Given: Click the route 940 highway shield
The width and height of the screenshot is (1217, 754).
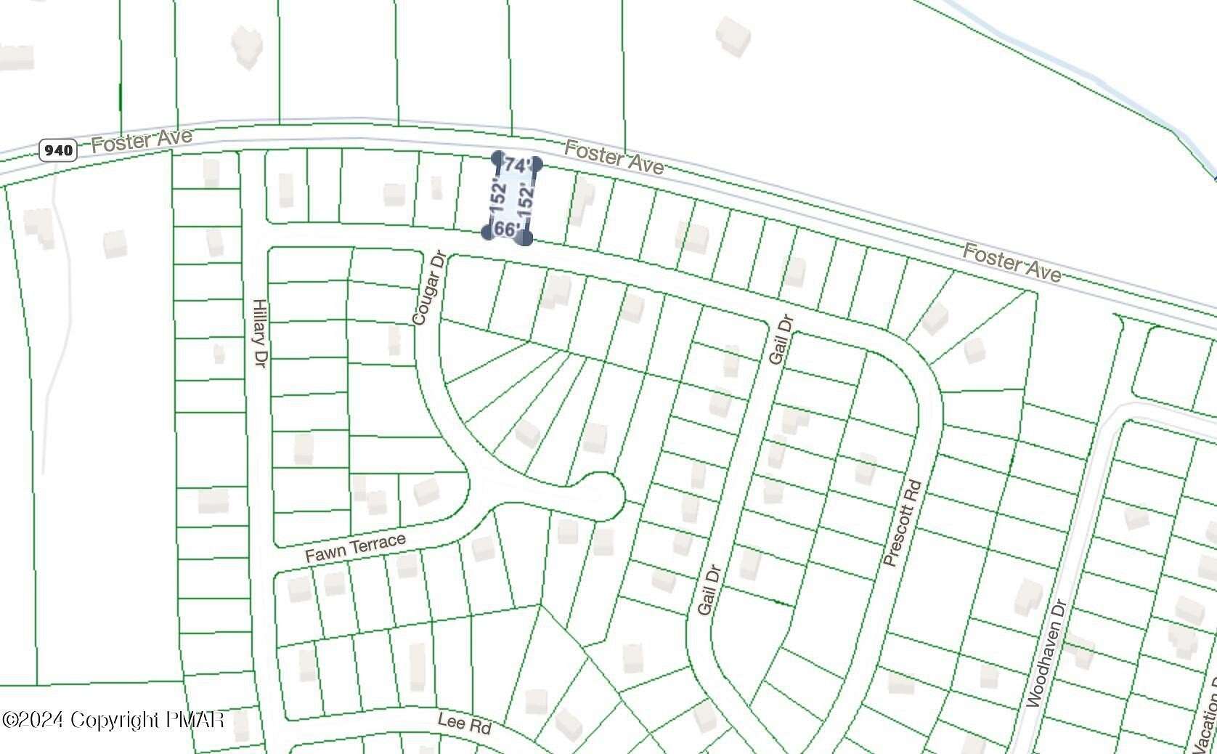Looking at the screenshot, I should coord(57,150).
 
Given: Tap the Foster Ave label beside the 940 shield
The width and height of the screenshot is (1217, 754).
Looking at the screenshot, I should coord(142,139).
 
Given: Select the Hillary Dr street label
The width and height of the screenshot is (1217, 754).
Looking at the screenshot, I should coord(259,332).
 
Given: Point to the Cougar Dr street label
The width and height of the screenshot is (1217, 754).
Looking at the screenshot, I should coord(428,288).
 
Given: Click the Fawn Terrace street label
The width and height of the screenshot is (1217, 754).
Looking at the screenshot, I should coord(355,548).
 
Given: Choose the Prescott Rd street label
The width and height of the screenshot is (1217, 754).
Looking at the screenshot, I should coord(903,523).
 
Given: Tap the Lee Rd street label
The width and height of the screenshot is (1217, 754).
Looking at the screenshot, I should coord(464,723).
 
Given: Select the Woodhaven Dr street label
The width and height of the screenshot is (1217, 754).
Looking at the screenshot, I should coord(1046,652).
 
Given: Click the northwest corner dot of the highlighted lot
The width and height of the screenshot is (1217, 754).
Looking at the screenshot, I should coord(497,158).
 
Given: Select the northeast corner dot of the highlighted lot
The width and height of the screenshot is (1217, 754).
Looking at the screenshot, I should coord(537,165).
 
